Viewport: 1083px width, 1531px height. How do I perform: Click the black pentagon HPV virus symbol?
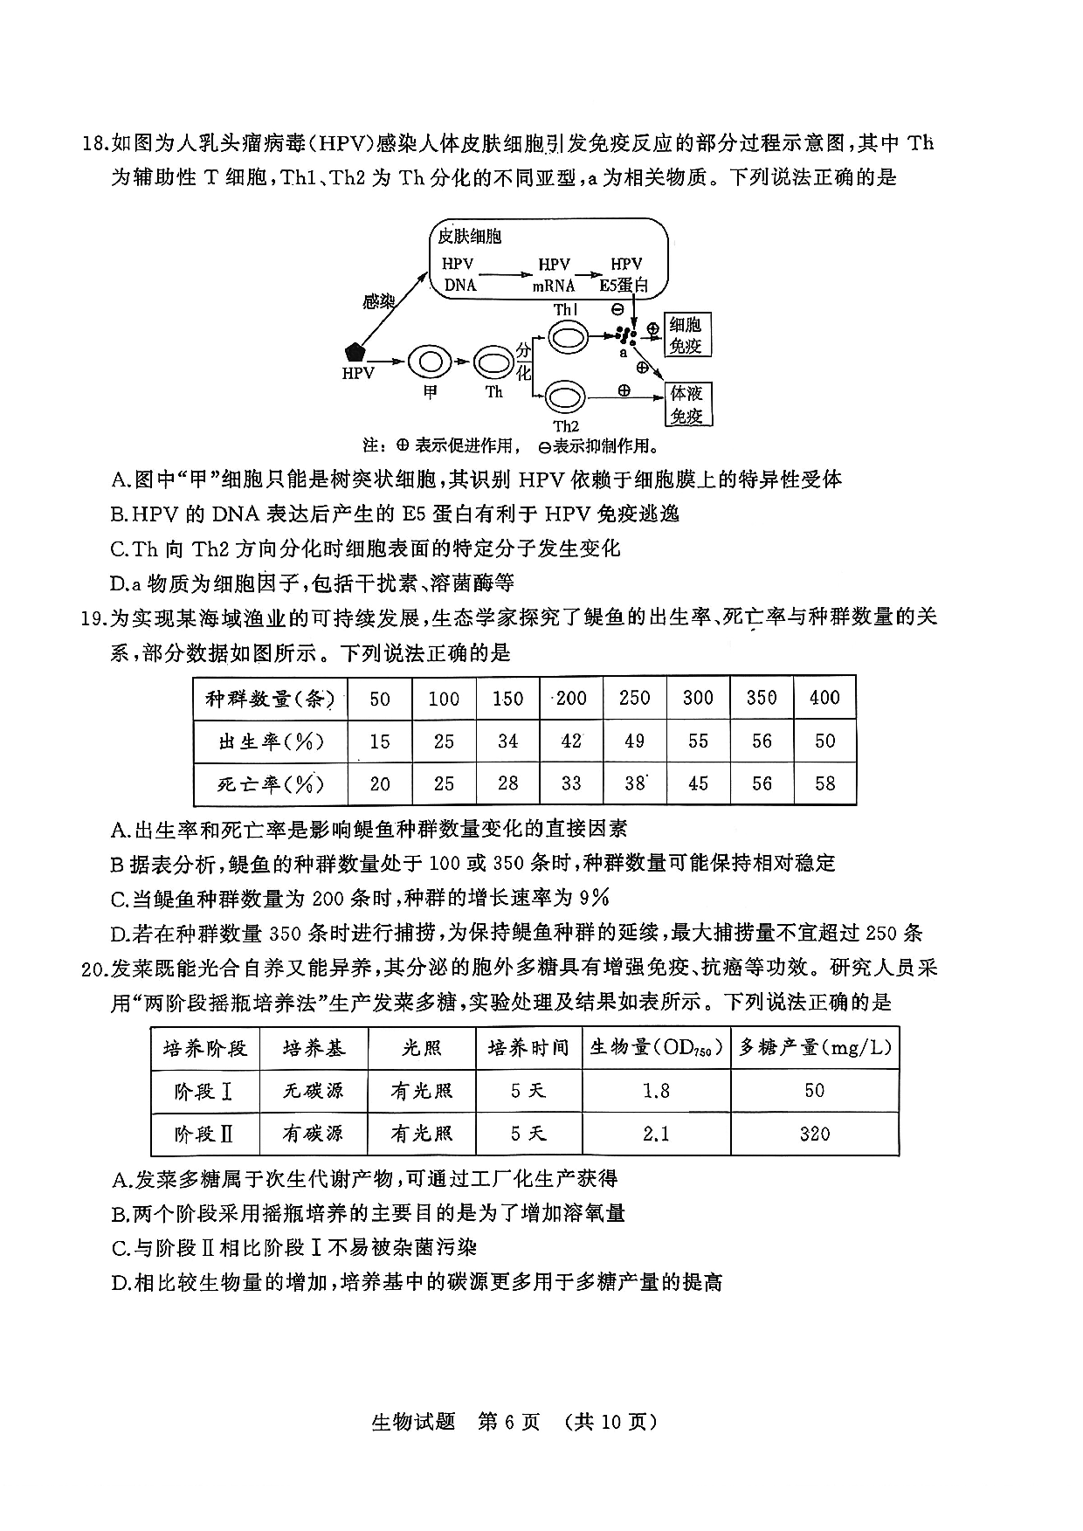click(355, 352)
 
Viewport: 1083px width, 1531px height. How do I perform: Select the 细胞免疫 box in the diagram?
click(686, 335)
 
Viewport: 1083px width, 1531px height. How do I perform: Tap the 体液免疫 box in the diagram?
click(686, 404)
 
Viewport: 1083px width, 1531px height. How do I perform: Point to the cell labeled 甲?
click(429, 361)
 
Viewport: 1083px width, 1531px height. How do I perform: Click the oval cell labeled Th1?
click(566, 336)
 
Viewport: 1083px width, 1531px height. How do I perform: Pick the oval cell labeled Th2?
click(566, 397)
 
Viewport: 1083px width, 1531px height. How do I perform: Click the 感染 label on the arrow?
click(378, 302)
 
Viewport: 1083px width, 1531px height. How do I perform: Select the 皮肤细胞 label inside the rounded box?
click(470, 237)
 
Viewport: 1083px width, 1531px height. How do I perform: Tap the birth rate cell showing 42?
click(571, 741)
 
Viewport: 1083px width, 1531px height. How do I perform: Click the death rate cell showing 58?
click(825, 783)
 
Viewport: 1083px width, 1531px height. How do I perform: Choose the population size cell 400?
click(825, 698)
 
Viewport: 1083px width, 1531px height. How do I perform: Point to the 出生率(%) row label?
click(271, 741)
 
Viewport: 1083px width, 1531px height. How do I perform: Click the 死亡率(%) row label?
click(271, 783)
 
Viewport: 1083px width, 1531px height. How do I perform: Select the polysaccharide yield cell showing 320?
click(814, 1134)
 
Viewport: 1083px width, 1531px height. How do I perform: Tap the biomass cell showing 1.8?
click(656, 1090)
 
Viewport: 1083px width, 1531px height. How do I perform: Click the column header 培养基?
click(314, 1047)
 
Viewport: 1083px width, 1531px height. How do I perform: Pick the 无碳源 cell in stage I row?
click(314, 1090)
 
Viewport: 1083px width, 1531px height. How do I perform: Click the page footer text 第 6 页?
click(510, 1422)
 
